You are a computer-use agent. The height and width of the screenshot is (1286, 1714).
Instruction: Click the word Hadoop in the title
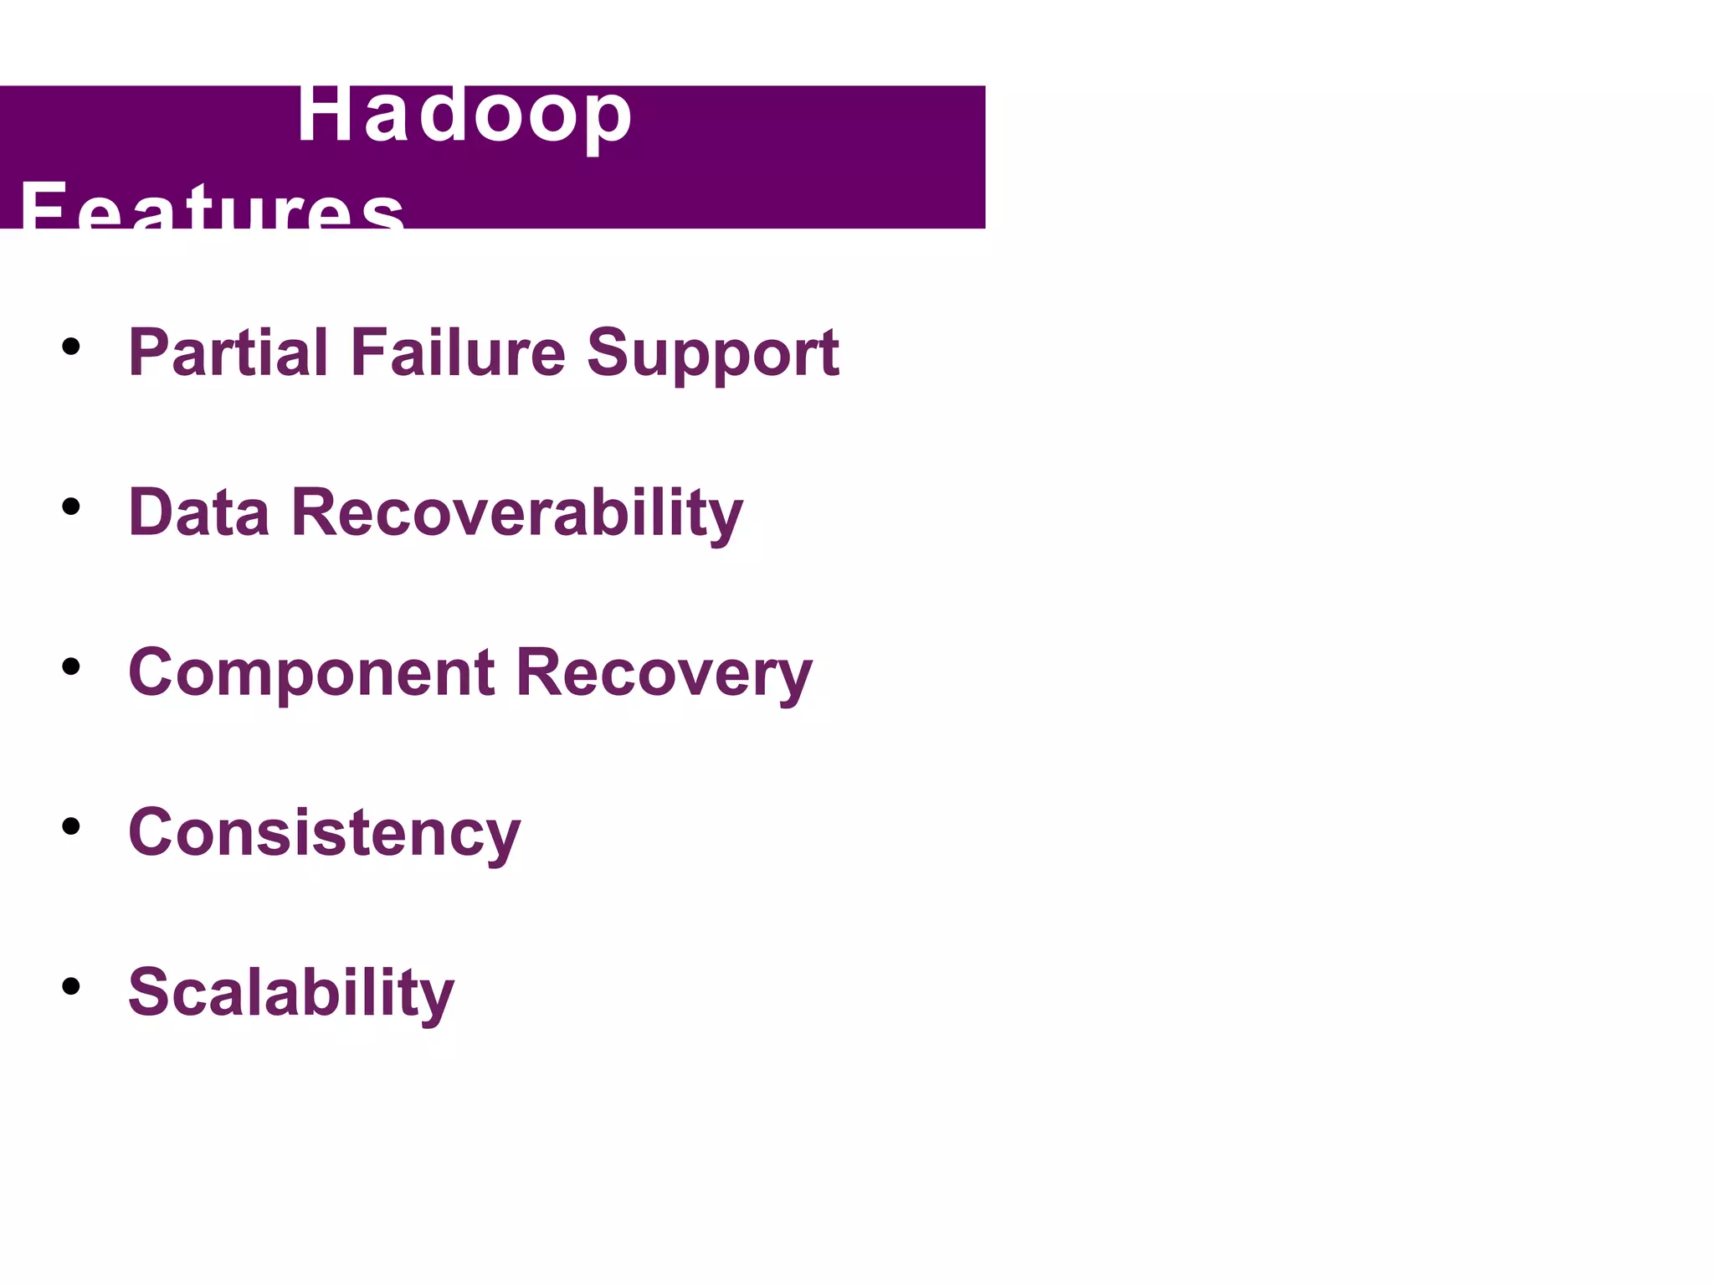click(464, 117)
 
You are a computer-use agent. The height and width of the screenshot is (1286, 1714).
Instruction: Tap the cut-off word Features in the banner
click(212, 207)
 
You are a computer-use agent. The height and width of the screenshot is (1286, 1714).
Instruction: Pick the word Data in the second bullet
click(198, 512)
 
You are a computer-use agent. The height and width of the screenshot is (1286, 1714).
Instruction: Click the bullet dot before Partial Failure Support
click(71, 347)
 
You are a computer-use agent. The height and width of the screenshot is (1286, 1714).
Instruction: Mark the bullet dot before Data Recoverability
click(71, 507)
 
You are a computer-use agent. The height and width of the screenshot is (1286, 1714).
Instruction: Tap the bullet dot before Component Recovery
click(71, 666)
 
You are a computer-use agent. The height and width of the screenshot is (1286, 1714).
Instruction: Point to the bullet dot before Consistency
click(71, 826)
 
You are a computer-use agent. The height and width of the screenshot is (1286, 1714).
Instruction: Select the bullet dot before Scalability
click(71, 986)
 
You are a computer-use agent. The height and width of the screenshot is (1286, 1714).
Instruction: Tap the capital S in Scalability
click(148, 991)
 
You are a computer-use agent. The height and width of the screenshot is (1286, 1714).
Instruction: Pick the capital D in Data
click(151, 512)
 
